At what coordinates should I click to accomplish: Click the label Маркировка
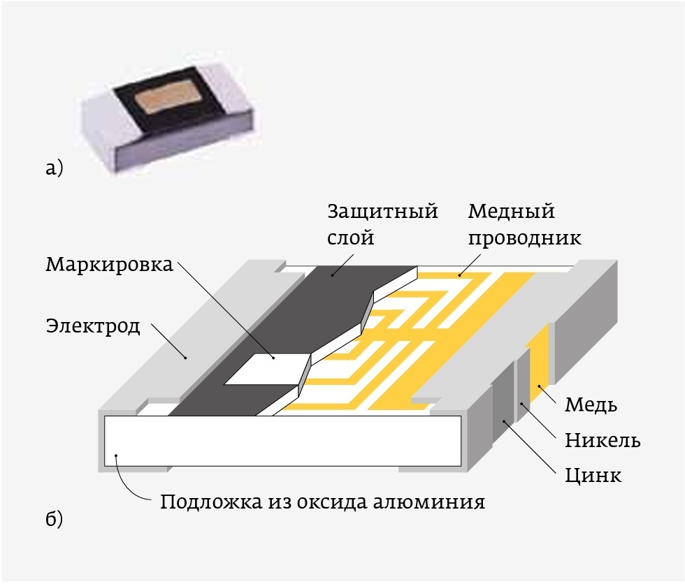(110, 266)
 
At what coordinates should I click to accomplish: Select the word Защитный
(382, 212)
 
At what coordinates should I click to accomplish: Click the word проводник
(524, 238)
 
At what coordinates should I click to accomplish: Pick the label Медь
(591, 405)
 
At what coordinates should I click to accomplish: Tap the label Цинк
(593, 476)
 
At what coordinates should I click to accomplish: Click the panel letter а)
(53, 168)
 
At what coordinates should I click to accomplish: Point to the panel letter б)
(53, 520)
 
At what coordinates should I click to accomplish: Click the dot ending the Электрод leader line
(186, 358)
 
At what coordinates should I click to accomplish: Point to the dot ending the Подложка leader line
(116, 456)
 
